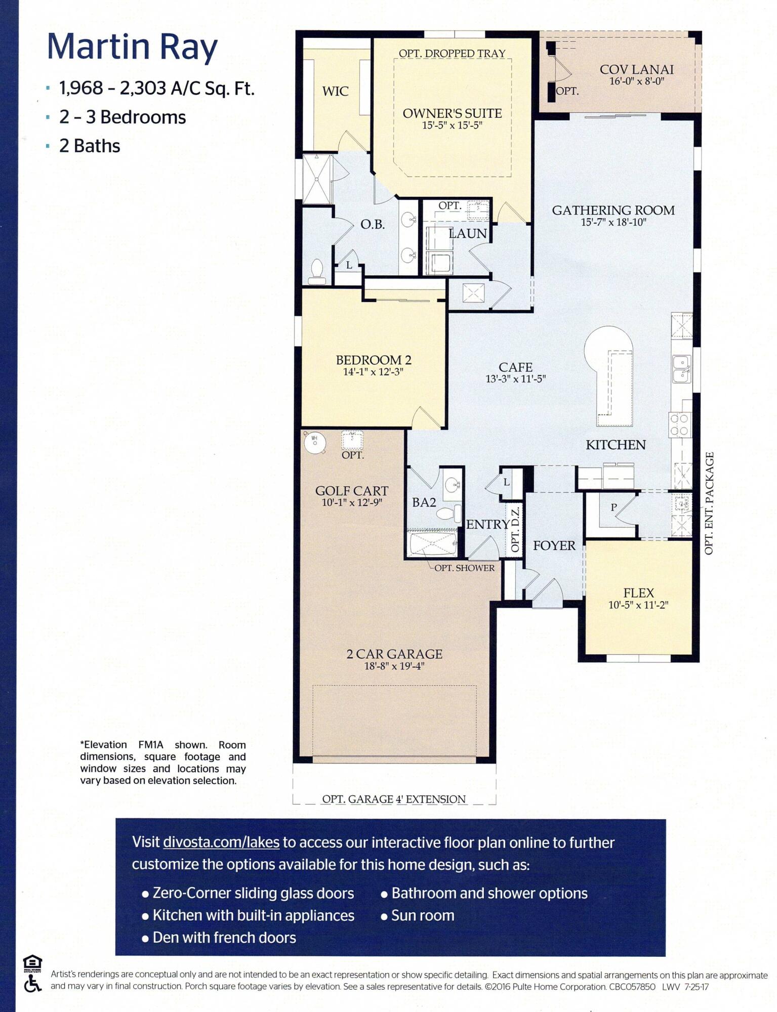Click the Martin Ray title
click(132, 47)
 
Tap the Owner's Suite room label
click(452, 113)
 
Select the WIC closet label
click(335, 92)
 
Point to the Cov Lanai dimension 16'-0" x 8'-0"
click(636, 81)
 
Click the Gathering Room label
click(613, 210)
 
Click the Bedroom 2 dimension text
click(373, 372)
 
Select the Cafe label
click(515, 367)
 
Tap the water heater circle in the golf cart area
click(315, 442)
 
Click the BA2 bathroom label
click(424, 502)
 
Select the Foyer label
click(554, 545)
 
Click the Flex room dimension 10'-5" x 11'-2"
click(638, 605)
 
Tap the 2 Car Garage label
click(394, 654)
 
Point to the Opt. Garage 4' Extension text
click(394, 799)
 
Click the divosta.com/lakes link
click(221, 842)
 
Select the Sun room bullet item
click(423, 915)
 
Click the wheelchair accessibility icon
click(32, 984)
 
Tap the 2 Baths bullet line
click(90, 146)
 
